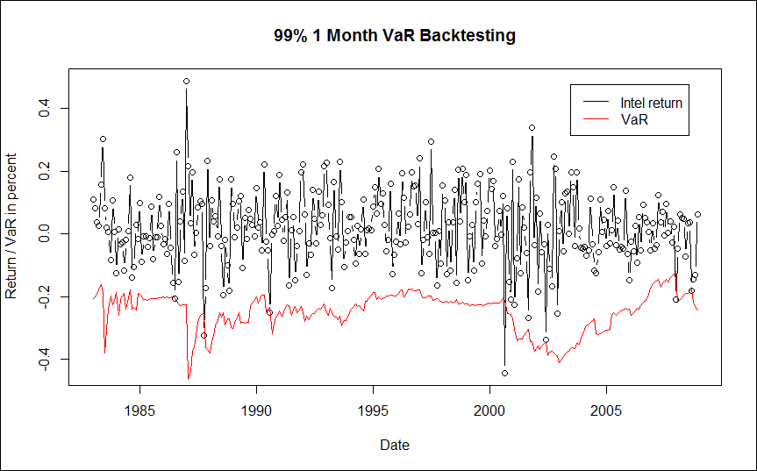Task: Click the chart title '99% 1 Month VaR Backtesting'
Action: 395,35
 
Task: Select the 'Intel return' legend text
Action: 651,103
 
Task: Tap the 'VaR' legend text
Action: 634,119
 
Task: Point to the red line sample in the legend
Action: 596,119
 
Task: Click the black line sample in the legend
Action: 596,103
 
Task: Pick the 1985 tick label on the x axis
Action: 140,410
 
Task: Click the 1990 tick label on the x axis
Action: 256,410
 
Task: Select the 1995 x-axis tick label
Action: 373,410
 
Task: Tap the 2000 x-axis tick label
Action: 489,410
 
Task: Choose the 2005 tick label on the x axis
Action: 606,410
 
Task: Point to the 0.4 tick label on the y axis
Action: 45,109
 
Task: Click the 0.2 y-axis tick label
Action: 45,171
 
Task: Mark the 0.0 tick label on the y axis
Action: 45,234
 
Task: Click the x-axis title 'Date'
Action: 395,445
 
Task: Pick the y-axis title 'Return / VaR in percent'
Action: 11,226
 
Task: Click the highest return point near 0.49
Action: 186,81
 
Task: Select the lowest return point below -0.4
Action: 504,373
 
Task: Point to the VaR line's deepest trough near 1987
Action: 189,379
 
